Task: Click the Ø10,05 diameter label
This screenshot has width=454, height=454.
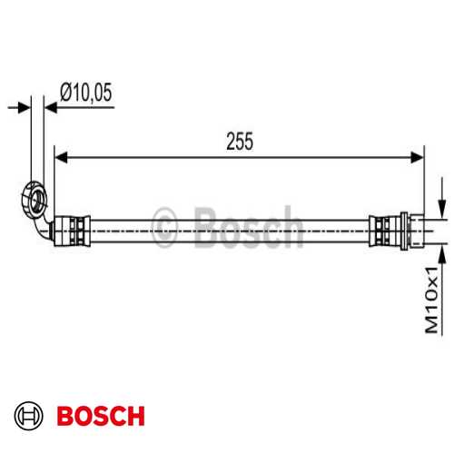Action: point(87,92)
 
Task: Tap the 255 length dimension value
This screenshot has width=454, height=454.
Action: point(239,141)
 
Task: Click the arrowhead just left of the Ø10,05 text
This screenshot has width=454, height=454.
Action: point(51,107)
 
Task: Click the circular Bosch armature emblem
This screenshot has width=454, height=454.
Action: point(31,417)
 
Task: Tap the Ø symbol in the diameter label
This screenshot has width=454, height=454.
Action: point(65,92)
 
